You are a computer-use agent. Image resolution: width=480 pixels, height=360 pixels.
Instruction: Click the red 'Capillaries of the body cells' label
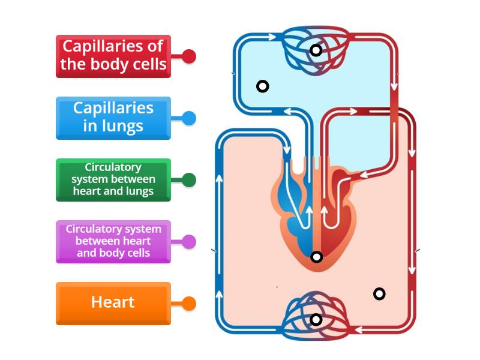tap(113, 56)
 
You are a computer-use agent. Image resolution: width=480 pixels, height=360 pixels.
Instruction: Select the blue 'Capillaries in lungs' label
tap(113, 118)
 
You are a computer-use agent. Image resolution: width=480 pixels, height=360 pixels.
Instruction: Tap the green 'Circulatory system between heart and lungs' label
tap(113, 179)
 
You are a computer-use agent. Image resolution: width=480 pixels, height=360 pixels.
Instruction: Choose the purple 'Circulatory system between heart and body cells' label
tap(113, 241)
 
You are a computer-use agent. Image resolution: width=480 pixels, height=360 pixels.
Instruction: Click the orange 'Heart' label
tap(113, 303)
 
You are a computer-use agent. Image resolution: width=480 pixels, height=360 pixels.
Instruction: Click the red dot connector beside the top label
tap(189, 56)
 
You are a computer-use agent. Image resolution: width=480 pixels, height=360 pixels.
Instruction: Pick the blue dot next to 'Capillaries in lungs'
tap(189, 118)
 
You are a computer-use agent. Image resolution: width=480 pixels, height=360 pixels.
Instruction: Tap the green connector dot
tap(189, 180)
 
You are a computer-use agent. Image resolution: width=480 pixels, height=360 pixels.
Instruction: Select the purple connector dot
tap(189, 242)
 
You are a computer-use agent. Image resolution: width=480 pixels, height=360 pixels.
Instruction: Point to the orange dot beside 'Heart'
tap(189, 304)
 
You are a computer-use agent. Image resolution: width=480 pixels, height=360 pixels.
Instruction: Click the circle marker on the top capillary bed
tap(316, 50)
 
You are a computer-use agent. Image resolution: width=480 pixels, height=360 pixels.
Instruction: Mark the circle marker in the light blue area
tap(262, 86)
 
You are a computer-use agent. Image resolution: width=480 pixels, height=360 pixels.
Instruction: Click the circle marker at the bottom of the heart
tap(317, 257)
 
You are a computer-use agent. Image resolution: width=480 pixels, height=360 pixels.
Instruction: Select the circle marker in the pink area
tap(379, 293)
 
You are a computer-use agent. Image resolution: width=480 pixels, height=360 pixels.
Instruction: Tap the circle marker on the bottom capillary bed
tap(316, 320)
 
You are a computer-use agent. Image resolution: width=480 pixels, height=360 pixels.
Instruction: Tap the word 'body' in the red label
tap(112, 64)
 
